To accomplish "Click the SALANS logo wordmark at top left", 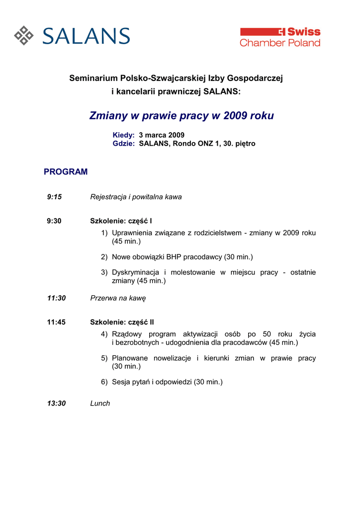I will click(86, 36).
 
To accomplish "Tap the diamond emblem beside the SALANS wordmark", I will click(24, 35).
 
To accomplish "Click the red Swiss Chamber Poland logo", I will click(280, 37).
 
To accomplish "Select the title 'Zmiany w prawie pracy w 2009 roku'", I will click(181, 116).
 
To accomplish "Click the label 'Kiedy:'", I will click(124, 135).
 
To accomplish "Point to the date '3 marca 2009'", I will click(162, 135).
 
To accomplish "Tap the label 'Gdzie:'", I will click(124, 144).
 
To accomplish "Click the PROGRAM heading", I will click(66, 172).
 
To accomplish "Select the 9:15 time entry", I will click(54, 197).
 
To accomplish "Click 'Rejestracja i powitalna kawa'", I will click(136, 197).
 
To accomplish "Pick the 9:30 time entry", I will click(54, 221).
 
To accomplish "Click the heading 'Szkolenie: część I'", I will click(121, 221).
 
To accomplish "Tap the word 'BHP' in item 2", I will click(174, 257).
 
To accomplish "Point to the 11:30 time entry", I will click(56, 298).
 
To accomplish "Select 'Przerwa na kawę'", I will click(118, 298).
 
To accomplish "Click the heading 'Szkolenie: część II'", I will click(122, 322).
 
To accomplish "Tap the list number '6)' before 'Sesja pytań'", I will click(104, 382).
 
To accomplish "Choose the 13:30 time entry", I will click(56, 403).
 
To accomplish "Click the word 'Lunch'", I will click(100, 403).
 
